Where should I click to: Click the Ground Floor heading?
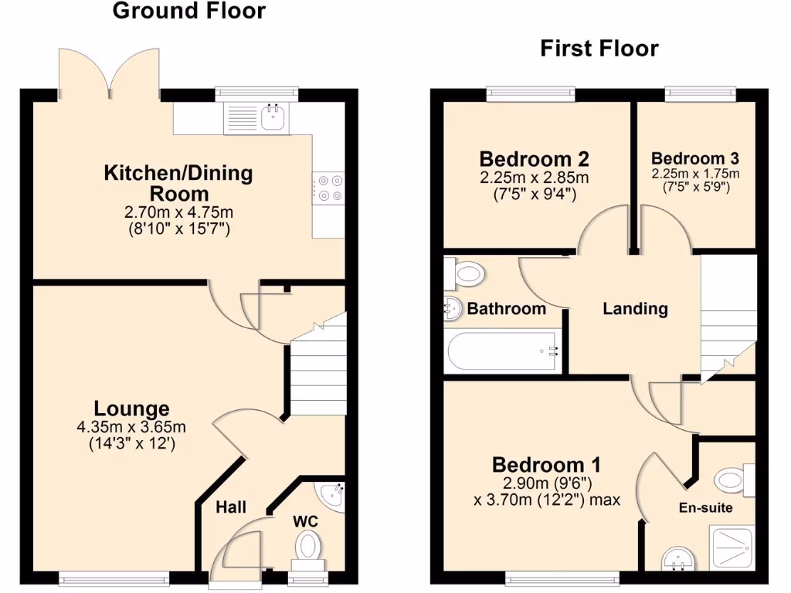[x=188, y=11]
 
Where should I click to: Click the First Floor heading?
[x=599, y=49]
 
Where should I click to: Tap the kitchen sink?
[x=273, y=117]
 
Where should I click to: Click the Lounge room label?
[x=131, y=408]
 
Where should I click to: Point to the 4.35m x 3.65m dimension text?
[x=131, y=427]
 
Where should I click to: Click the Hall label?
[x=231, y=507]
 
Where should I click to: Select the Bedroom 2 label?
[x=534, y=159]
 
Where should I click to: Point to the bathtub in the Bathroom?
[x=503, y=353]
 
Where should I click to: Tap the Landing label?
[x=635, y=309]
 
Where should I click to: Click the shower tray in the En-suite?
[x=727, y=549]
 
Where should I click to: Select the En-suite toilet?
[x=731, y=479]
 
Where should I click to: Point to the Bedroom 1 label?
[x=547, y=465]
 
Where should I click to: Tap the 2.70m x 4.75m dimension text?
[x=178, y=212]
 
